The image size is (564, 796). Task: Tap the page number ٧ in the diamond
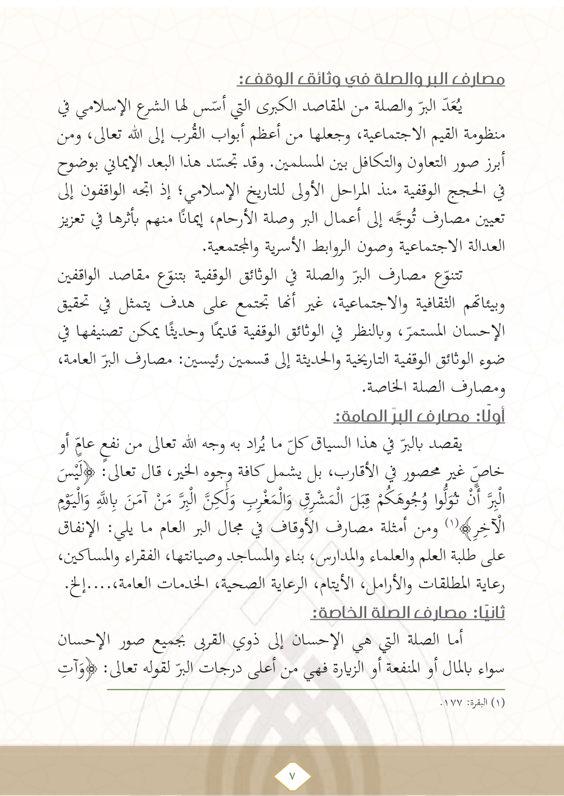point(292,775)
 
